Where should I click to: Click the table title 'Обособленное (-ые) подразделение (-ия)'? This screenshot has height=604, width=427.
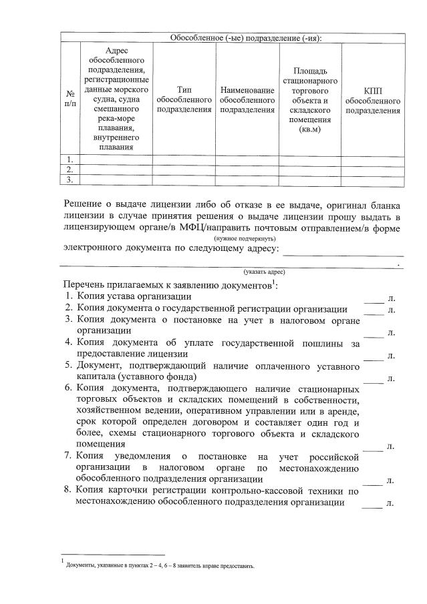[x=246, y=38]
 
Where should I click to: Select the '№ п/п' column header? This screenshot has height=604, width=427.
[x=69, y=99]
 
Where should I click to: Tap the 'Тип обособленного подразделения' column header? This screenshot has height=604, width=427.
[x=184, y=99]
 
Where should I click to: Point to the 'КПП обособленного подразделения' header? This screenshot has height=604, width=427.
[x=373, y=99]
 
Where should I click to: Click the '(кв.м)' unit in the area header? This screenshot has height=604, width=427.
[x=310, y=129]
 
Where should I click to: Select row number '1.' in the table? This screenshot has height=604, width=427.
[x=69, y=159]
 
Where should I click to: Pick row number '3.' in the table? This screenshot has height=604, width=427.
[x=69, y=180]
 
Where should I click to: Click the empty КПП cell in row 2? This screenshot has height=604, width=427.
[x=373, y=170]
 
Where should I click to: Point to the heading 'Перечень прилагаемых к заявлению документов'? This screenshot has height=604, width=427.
[x=167, y=285]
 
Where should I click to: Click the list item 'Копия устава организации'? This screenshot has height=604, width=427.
[x=134, y=296]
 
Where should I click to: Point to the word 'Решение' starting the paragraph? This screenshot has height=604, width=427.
[x=84, y=204]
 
